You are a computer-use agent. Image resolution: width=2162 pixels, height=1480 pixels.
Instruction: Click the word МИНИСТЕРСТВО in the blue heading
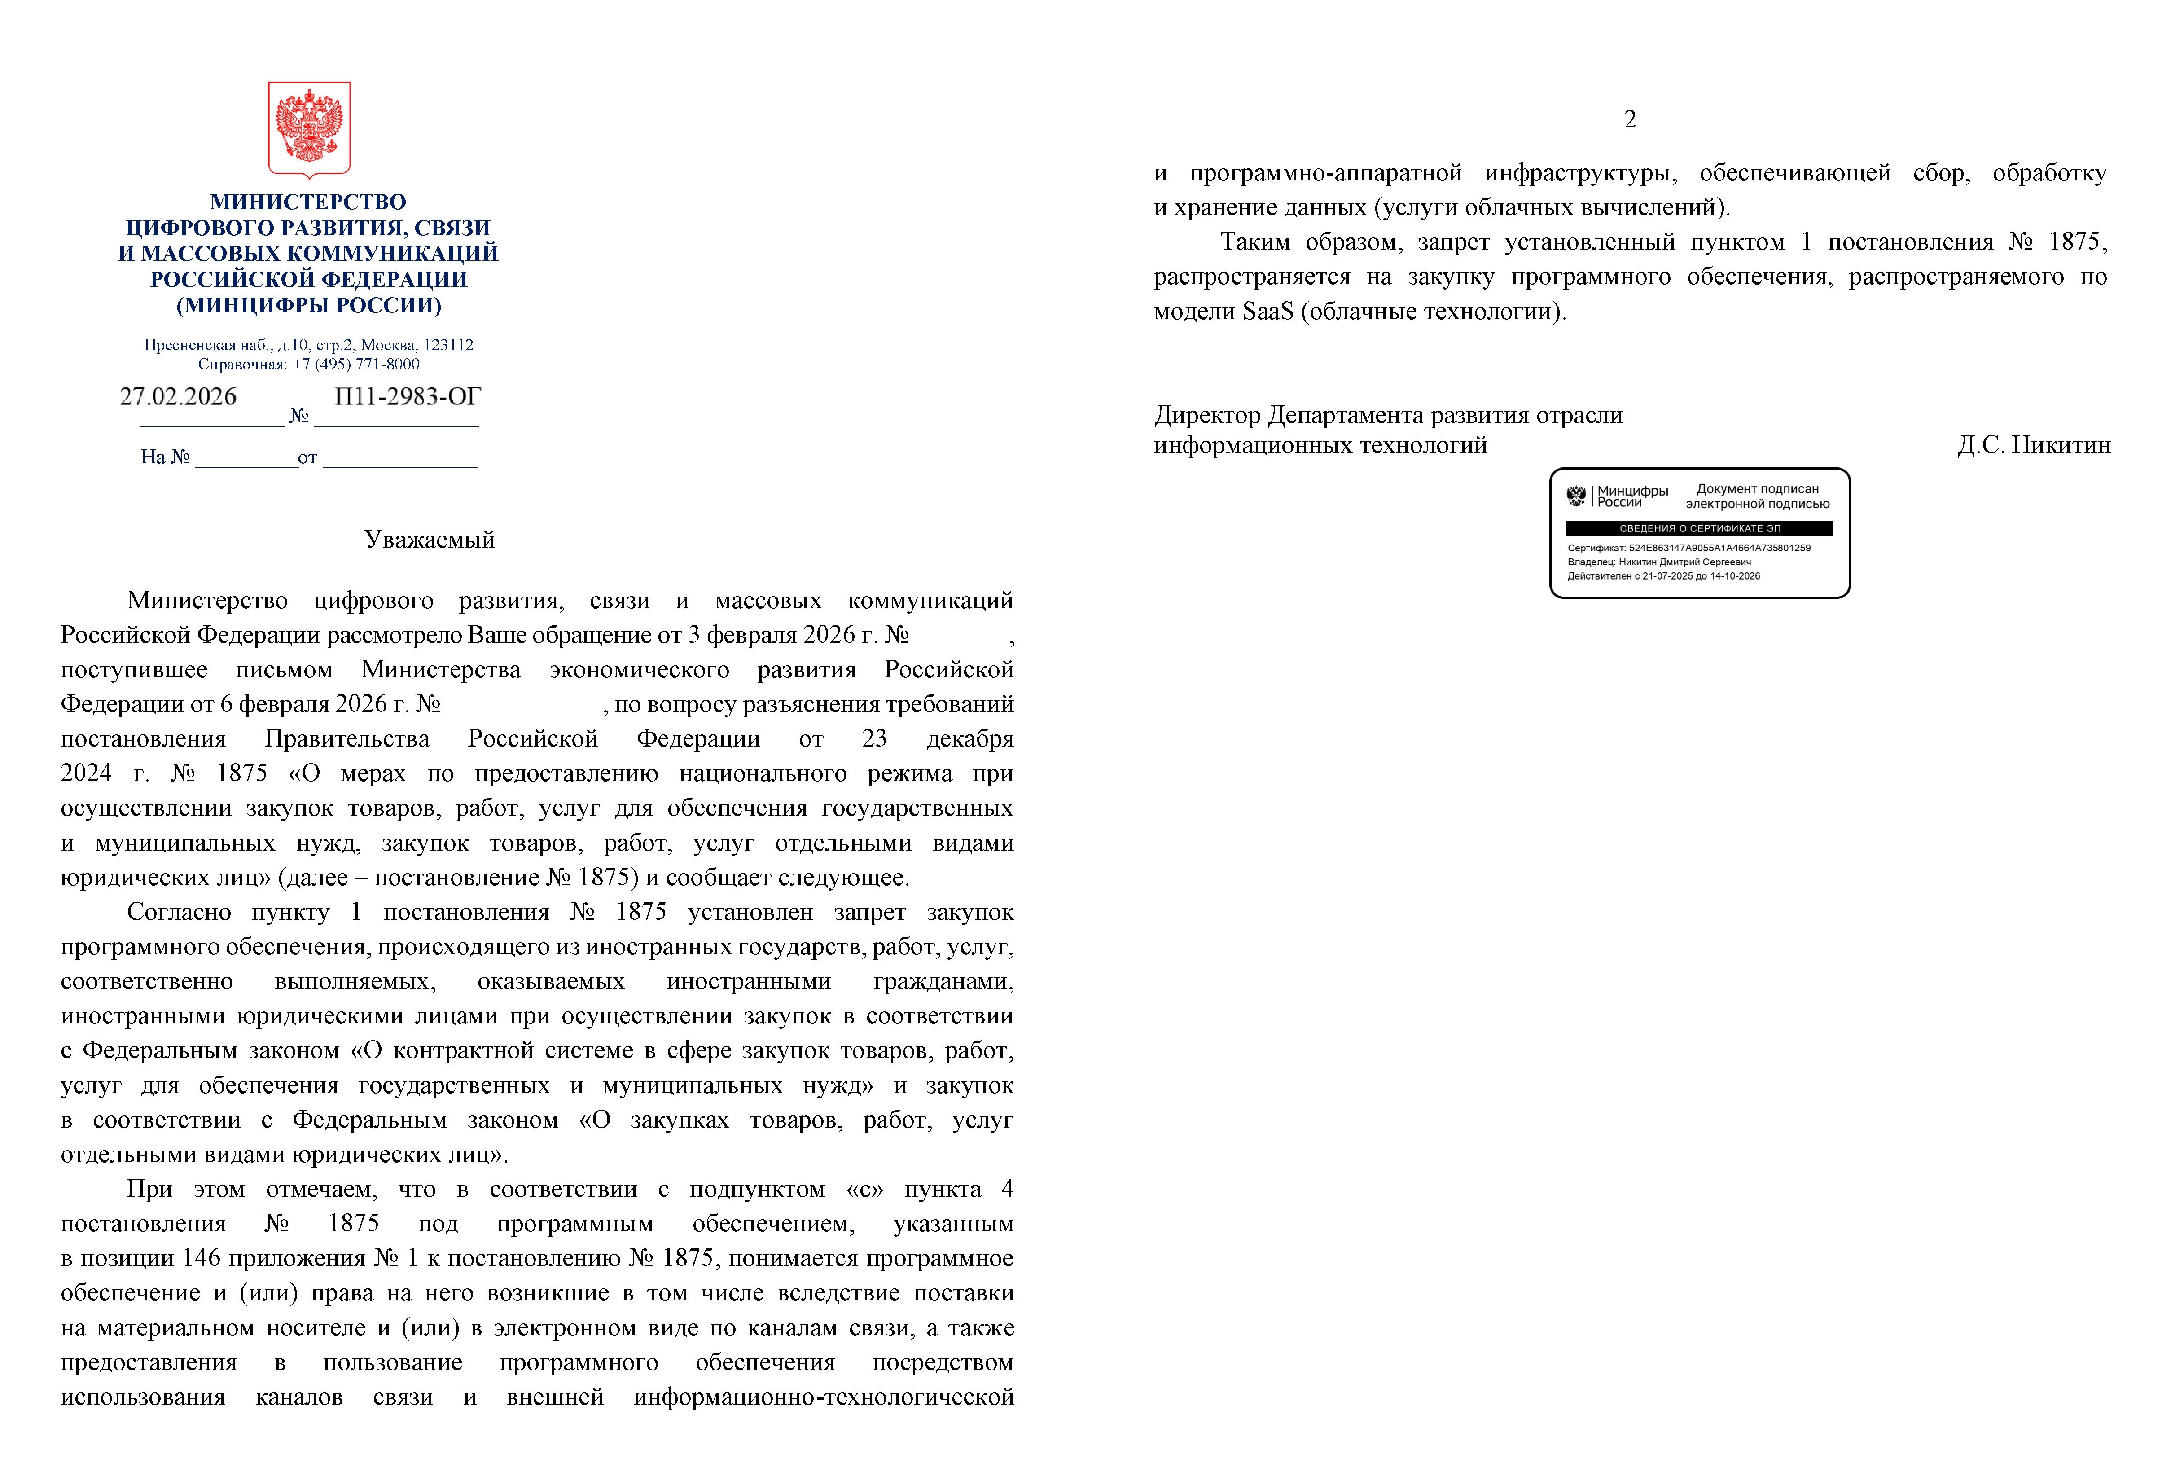[308, 202]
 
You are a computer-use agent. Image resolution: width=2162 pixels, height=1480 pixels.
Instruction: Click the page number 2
[1629, 119]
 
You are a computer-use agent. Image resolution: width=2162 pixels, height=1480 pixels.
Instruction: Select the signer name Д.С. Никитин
[2034, 446]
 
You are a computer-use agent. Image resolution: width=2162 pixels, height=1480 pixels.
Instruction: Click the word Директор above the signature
[1206, 415]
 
